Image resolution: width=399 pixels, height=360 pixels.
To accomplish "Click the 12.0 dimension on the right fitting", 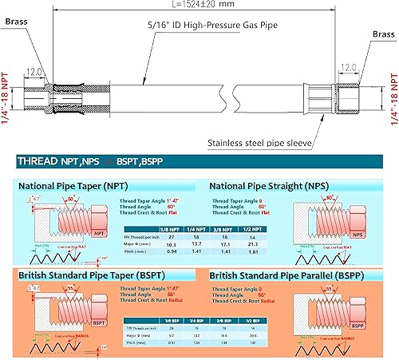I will coord(348,68).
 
